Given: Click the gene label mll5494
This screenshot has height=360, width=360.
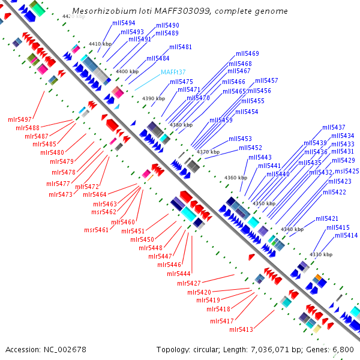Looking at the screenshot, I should coord(124,23).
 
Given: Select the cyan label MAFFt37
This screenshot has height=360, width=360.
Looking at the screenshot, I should coord(173,73).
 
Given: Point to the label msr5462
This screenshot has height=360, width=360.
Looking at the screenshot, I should coord(104,212).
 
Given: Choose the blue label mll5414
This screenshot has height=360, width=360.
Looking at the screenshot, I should coord(338,236).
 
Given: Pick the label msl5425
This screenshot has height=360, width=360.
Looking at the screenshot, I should coord(347,171).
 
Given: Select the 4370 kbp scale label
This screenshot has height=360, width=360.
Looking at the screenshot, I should coord(208,152).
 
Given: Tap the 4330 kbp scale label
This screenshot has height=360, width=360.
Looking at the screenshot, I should coord(321,255).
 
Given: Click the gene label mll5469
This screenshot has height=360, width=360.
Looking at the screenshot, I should coord(247,53).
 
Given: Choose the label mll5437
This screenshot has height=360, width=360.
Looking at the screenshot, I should coord(334,128).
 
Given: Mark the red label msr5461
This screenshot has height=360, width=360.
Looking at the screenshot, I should coord(96,230).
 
